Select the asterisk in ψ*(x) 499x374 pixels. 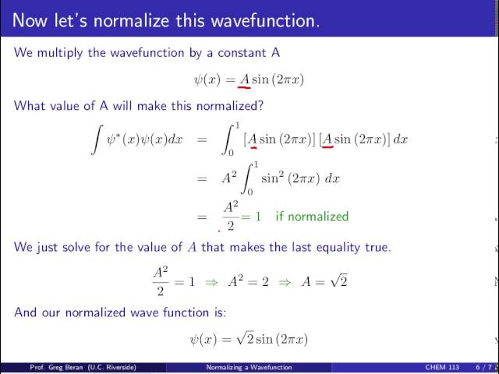point(123,136)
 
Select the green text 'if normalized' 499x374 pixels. point(312,216)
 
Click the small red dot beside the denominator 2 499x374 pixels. point(219,231)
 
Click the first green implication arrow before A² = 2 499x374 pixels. point(210,281)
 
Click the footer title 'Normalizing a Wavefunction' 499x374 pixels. point(249,367)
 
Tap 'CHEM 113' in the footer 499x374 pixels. point(442,367)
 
